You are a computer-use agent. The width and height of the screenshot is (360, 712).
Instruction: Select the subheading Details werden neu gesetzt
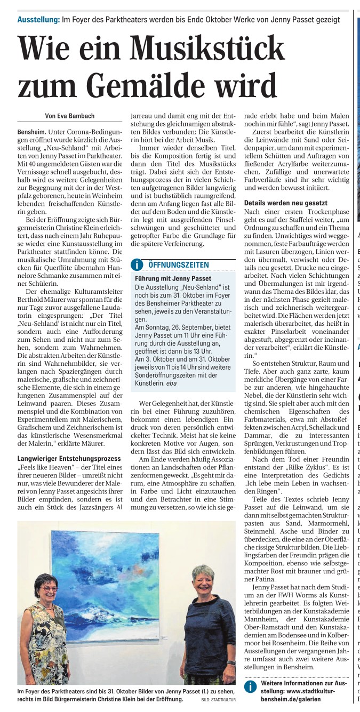pyautogui.click(x=285, y=203)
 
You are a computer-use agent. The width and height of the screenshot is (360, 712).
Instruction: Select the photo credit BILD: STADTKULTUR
pyautogui.click(x=218, y=700)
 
